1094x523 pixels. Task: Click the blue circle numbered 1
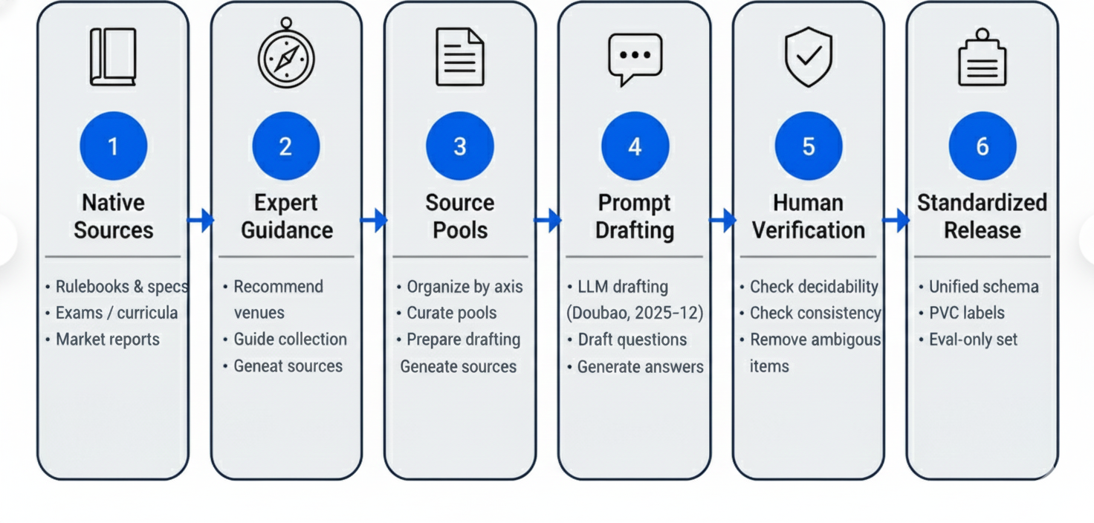(113, 146)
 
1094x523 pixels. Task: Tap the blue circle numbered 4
(635, 146)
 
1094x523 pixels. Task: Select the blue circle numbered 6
(983, 146)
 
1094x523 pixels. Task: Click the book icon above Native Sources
(113, 56)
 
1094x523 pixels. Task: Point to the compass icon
(286, 53)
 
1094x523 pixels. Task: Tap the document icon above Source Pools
(460, 56)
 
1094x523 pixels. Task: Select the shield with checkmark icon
(809, 56)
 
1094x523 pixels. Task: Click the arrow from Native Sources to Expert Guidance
(201, 220)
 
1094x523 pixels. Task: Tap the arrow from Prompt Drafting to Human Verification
(722, 220)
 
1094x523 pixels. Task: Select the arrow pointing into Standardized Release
(896, 220)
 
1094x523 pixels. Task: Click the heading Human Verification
(809, 216)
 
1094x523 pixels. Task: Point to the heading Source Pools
(460, 216)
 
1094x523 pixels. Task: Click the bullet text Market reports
(108, 340)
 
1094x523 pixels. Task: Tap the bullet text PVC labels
(966, 313)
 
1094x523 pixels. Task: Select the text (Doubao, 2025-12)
(635, 313)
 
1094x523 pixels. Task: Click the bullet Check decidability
(814, 287)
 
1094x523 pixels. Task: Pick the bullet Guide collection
(290, 340)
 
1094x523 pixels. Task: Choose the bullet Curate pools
(452, 313)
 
